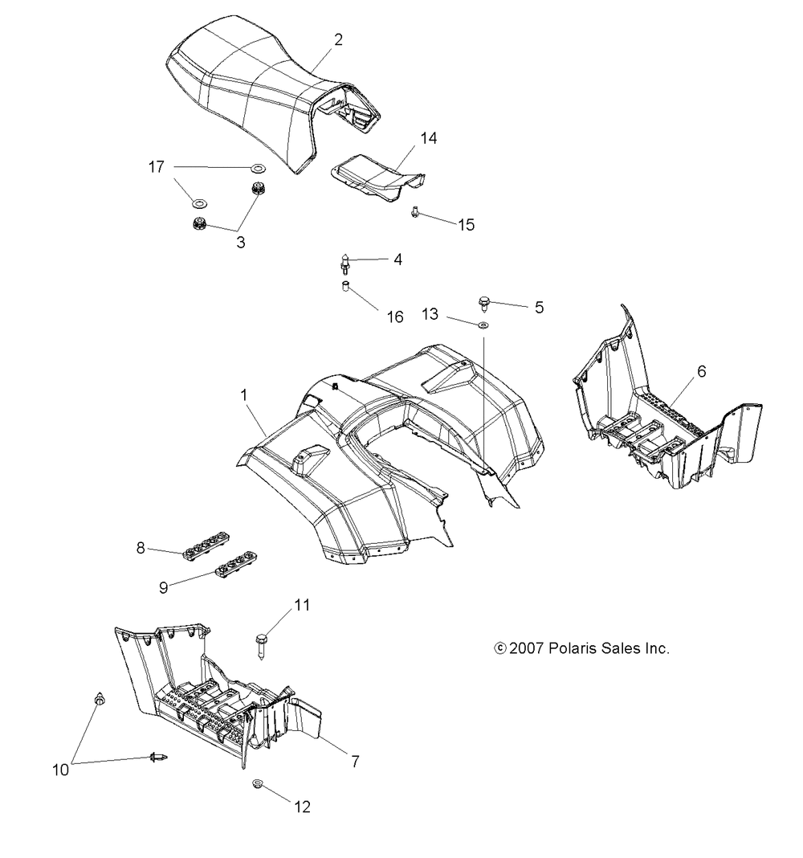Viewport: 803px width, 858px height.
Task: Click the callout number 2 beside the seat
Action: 339,39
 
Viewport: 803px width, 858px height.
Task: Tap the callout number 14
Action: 428,138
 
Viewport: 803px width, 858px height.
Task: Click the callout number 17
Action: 156,167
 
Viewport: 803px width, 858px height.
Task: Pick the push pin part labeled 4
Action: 344,263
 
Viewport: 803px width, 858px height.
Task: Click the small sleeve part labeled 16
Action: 346,287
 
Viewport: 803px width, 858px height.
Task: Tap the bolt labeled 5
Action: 484,303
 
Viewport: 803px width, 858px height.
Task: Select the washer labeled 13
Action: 483,325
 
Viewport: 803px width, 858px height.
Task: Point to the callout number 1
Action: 244,395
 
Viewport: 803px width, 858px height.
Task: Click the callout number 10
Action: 60,770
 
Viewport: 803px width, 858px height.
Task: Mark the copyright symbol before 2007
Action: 499,648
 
